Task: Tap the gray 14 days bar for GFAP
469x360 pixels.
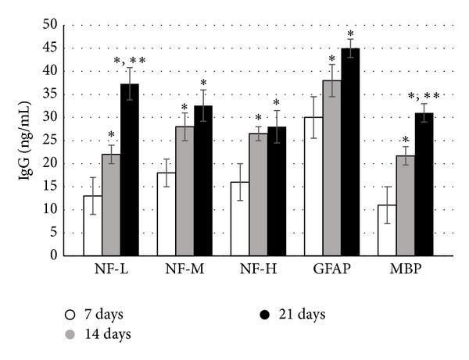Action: [x=332, y=167]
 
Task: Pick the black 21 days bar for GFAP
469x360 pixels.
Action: [x=350, y=151]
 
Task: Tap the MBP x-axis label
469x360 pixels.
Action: [x=405, y=270]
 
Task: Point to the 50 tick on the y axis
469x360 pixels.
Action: [x=51, y=25]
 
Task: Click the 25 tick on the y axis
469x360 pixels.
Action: [x=51, y=141]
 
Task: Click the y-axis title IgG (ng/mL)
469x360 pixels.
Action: [x=24, y=141]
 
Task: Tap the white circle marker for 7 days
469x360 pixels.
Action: [x=70, y=315]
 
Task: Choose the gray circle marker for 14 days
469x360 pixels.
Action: [x=70, y=335]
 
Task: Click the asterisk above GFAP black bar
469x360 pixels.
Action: [x=350, y=34]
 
